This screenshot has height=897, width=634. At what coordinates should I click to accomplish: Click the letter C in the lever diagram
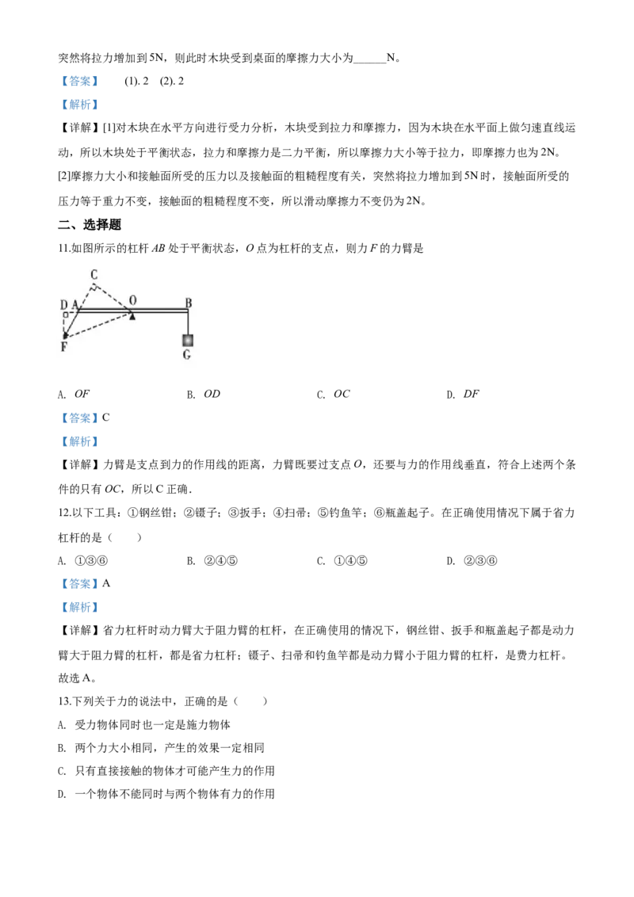click(94, 275)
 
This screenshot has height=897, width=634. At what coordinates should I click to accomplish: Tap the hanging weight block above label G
click(187, 341)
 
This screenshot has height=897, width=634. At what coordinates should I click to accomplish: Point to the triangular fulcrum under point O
click(132, 315)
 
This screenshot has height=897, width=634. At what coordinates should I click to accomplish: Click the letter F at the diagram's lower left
click(64, 346)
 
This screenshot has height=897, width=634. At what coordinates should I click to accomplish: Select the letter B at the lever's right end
click(189, 303)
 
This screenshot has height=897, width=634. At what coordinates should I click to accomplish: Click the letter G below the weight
click(187, 355)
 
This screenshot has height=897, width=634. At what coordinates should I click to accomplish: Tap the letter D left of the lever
click(64, 305)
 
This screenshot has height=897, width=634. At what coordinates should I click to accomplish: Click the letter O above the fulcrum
click(133, 300)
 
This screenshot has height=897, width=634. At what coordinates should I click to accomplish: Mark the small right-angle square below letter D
click(65, 315)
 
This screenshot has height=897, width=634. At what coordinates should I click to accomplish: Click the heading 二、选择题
click(90, 225)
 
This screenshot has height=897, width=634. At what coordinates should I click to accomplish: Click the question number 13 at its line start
click(63, 701)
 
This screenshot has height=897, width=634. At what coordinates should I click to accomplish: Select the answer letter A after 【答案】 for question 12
click(106, 583)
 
